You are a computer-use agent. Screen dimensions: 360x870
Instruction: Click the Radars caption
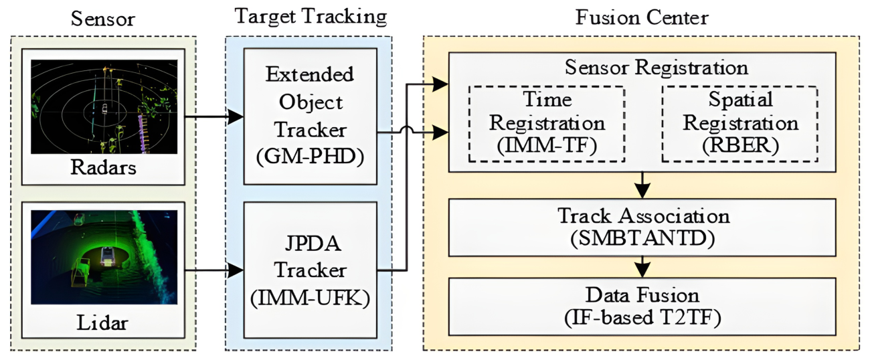(104, 168)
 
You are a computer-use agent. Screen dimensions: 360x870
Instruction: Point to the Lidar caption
(104, 323)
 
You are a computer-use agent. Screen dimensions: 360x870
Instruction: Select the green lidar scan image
(104, 258)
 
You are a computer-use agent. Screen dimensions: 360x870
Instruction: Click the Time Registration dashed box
(546, 124)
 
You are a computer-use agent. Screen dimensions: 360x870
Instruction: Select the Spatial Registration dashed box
(739, 124)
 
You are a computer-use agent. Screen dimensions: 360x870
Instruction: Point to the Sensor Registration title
(642, 68)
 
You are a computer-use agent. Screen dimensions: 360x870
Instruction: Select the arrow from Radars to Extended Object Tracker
(211, 116)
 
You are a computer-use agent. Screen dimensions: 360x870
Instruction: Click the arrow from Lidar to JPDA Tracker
(211, 270)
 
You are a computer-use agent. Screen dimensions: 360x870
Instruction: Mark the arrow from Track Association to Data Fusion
(642, 267)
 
